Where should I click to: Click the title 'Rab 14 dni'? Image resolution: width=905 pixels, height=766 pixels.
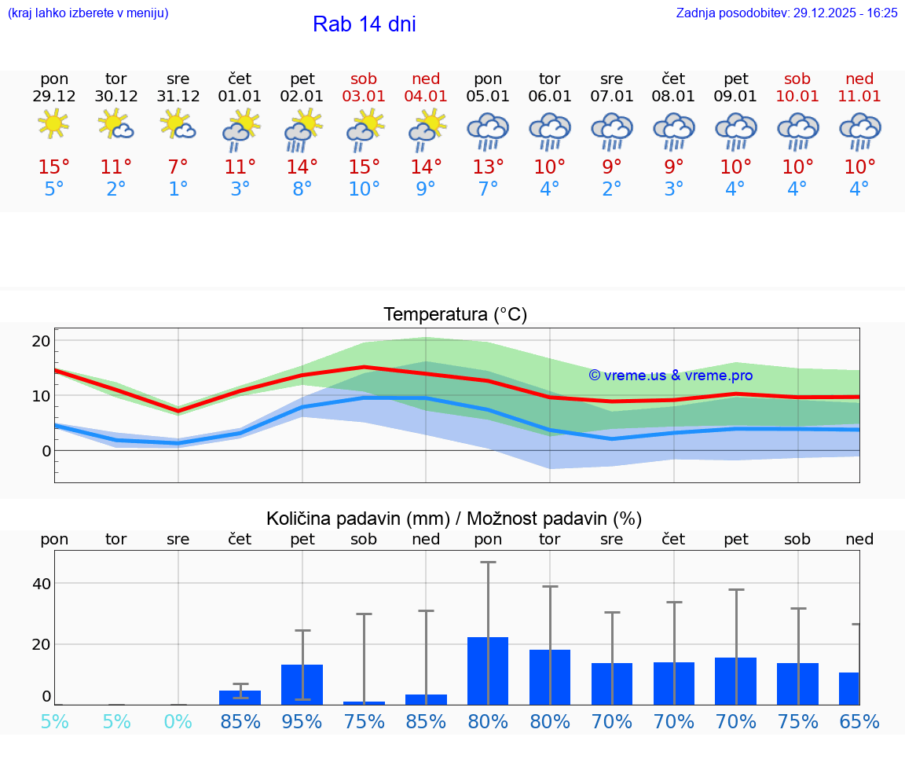coord(364,24)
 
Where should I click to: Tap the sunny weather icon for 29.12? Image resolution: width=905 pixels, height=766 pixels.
coord(53,124)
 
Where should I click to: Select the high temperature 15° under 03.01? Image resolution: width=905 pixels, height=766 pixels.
coord(364,167)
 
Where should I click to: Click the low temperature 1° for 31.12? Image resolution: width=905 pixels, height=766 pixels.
coord(178,189)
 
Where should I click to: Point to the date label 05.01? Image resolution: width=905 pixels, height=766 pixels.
coord(488,97)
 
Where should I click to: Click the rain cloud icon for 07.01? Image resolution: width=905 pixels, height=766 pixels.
coord(612,130)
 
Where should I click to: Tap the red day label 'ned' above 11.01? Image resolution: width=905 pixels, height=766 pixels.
coord(859,79)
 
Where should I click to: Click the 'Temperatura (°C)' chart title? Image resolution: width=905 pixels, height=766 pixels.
coord(455,315)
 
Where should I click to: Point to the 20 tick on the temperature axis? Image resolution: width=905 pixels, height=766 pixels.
coord(41,341)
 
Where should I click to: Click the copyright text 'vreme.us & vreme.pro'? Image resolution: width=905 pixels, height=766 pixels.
coord(671,376)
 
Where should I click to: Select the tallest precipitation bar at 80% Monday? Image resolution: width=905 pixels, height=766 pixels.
coord(488,670)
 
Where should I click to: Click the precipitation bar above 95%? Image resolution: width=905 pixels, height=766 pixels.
coord(302,684)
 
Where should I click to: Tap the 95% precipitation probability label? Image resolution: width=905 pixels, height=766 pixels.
coord(302,721)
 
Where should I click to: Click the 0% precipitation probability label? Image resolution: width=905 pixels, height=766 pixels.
coord(178,721)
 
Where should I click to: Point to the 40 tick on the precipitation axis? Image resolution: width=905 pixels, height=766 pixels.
coord(41,584)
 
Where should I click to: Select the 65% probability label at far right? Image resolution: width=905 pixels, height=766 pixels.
coord(859,721)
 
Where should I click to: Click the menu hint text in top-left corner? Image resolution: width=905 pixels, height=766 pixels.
coord(87,13)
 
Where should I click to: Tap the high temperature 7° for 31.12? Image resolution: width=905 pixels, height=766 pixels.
coord(178,167)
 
